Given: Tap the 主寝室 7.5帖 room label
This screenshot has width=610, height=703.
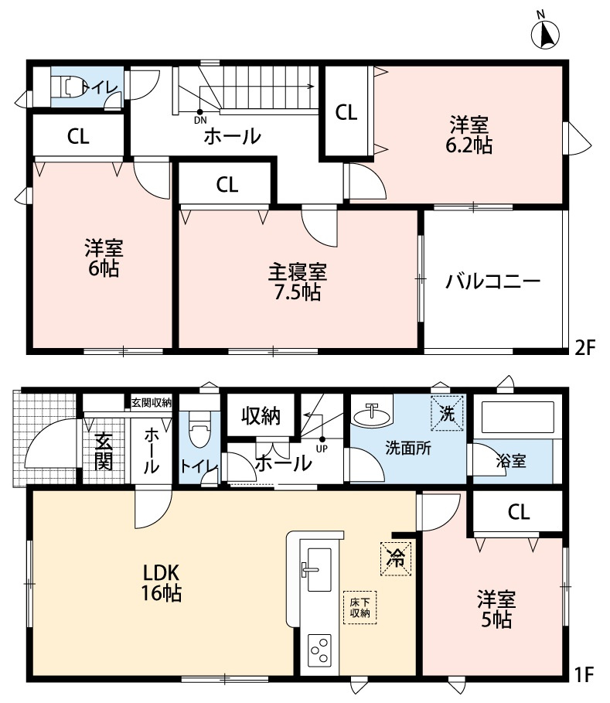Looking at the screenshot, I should point(298,282).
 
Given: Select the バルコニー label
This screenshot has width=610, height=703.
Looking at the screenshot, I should point(492,282).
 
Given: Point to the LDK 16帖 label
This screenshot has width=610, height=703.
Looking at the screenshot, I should point(161,583).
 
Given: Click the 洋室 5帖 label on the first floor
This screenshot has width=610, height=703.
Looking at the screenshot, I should point(494,608).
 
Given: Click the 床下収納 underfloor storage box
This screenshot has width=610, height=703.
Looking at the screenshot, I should point(360,606).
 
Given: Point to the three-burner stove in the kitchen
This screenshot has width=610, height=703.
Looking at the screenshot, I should point(319,650).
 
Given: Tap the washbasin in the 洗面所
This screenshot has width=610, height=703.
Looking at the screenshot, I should point(370,416).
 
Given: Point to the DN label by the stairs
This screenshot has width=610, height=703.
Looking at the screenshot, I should point(200,120).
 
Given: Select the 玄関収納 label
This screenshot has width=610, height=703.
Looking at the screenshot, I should point(152,402).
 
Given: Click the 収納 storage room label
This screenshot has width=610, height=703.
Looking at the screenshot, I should point(259,415).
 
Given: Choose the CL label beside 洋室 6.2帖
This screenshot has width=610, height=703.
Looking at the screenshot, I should point(346,113).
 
